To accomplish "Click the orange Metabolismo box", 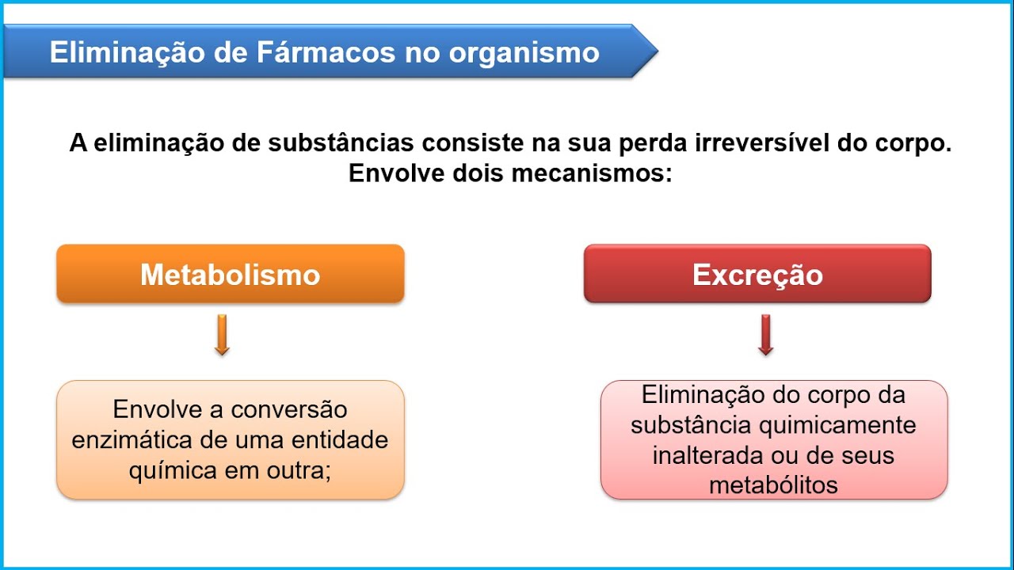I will [230, 274].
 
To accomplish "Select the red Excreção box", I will [757, 274].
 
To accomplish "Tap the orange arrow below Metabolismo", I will [222, 335].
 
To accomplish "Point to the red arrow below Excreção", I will [765, 335].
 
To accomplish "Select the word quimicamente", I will [837, 425].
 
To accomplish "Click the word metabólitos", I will [773, 484].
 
